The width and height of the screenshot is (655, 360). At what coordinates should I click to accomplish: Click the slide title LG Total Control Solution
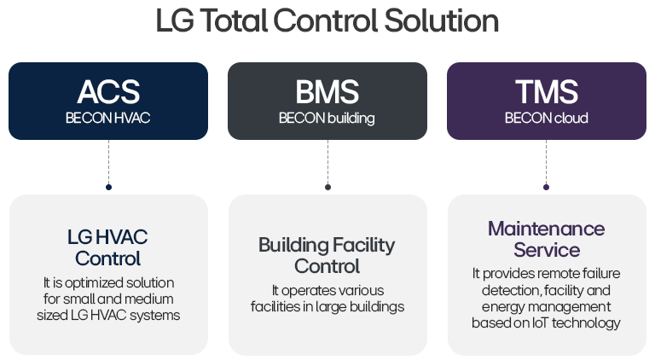pyautogui.click(x=327, y=21)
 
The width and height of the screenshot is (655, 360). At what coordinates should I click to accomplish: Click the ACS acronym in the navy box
pyautogui.click(x=108, y=92)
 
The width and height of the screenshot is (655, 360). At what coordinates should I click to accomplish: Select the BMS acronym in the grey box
pyautogui.click(x=327, y=92)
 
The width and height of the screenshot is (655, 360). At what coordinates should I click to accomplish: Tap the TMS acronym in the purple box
pyautogui.click(x=547, y=92)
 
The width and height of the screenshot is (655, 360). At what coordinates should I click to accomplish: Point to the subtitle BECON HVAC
pyautogui.click(x=108, y=119)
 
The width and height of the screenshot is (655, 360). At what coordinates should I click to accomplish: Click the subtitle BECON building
pyautogui.click(x=327, y=119)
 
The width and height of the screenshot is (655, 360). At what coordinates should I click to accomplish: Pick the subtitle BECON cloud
pyautogui.click(x=547, y=119)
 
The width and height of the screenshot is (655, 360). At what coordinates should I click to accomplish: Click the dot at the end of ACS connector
pyautogui.click(x=108, y=187)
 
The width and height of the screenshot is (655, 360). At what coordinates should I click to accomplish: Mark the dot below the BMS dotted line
pyautogui.click(x=327, y=187)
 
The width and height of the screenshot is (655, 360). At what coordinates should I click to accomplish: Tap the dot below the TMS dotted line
pyautogui.click(x=547, y=187)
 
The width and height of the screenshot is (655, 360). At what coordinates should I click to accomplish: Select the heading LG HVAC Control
pyautogui.click(x=108, y=247)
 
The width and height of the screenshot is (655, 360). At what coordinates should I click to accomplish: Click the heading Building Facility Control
pyautogui.click(x=327, y=256)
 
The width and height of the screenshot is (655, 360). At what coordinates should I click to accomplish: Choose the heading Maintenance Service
pyautogui.click(x=547, y=240)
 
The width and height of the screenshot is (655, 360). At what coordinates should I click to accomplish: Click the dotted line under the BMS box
pyautogui.click(x=327, y=162)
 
